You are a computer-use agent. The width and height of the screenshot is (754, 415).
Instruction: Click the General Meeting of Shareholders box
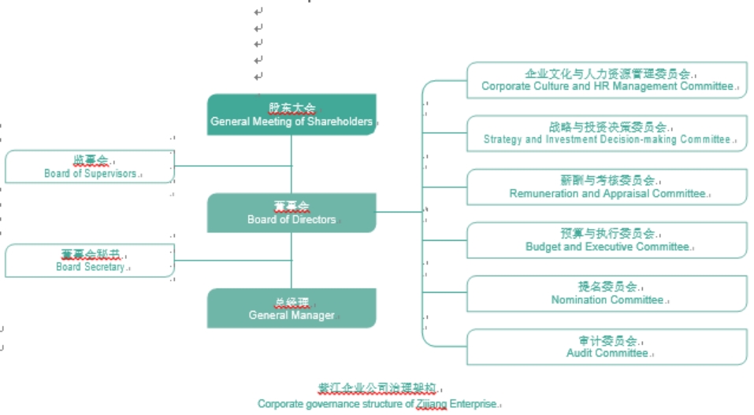click(292, 114)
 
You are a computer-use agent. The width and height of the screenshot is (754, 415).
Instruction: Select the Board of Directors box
click(292, 213)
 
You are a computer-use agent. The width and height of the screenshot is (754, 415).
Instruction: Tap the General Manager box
click(292, 308)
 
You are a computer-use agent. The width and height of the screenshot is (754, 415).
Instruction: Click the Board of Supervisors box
click(89, 166)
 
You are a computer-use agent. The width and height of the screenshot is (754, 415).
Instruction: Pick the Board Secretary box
click(89, 260)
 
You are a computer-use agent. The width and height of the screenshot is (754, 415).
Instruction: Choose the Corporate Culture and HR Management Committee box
click(607, 80)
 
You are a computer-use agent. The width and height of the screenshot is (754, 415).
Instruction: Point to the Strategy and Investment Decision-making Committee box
click(607, 133)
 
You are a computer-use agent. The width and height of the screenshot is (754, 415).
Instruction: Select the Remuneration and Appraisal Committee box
click(607, 187)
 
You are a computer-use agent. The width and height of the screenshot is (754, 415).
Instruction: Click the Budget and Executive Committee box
click(607, 240)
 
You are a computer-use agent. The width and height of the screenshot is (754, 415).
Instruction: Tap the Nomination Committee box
click(607, 294)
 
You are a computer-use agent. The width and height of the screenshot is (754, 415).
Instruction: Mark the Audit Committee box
click(607, 347)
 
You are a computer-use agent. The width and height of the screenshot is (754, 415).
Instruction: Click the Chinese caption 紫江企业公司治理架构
click(377, 389)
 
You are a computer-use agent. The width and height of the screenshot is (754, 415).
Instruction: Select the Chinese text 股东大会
click(292, 108)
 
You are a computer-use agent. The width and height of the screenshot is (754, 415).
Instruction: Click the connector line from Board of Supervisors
click(232, 166)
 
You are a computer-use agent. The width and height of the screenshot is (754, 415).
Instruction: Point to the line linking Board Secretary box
click(232, 260)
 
